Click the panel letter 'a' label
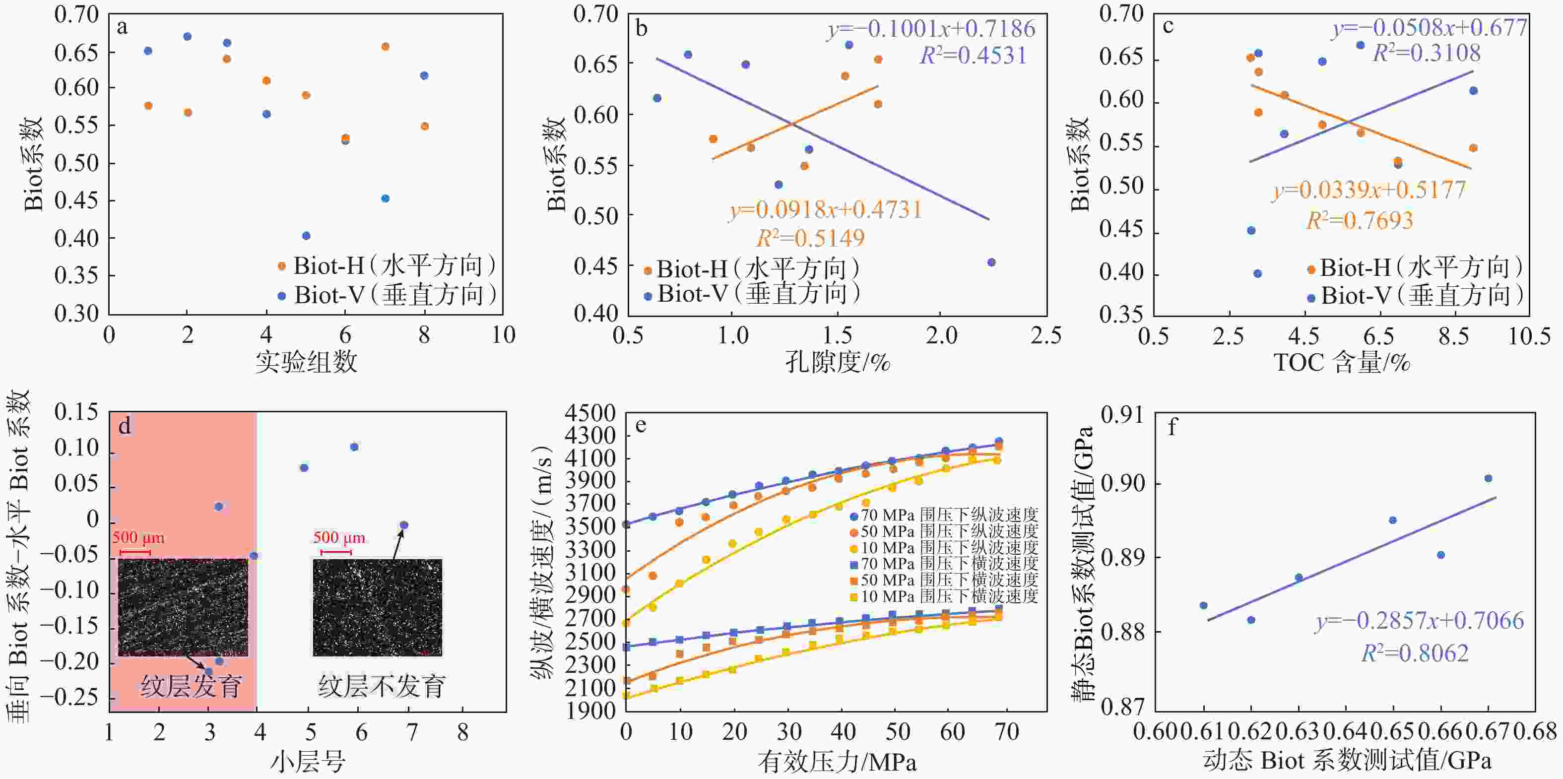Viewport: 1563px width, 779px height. [x=123, y=28]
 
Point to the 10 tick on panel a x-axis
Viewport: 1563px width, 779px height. [x=503, y=335]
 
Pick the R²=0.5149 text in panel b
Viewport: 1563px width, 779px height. [x=810, y=238]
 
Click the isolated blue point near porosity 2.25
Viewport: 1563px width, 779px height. [x=991, y=262]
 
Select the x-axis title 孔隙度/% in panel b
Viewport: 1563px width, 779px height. [x=838, y=362]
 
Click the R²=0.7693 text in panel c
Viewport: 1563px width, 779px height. [x=1359, y=220]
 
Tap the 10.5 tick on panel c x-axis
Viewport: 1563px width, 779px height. [x=1529, y=335]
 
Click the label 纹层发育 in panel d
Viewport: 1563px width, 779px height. [x=191, y=686]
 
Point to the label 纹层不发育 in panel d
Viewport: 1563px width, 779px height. [x=382, y=686]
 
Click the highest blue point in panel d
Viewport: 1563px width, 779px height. [x=354, y=447]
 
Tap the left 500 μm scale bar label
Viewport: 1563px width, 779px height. [x=138, y=537]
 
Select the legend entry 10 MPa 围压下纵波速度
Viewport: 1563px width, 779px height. [x=944, y=547]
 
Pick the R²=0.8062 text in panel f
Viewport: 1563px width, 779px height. [x=1415, y=653]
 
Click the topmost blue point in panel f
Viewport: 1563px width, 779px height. [x=1488, y=479]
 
